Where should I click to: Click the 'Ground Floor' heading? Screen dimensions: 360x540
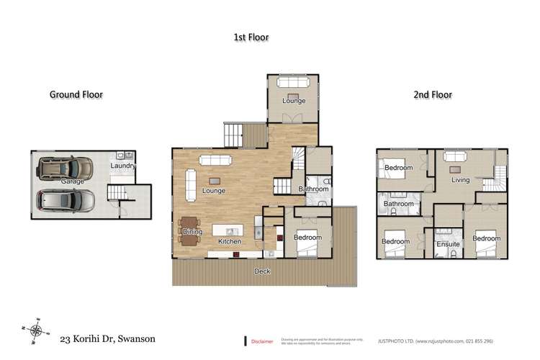(x=76, y=94)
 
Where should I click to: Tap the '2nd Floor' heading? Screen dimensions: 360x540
(x=432, y=94)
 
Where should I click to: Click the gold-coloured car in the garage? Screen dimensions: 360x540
(x=66, y=170)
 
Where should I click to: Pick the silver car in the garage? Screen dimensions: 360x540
(x=66, y=199)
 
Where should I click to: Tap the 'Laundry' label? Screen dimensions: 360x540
(x=122, y=166)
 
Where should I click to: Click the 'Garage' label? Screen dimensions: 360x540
(x=72, y=181)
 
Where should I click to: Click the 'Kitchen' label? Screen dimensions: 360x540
(x=230, y=241)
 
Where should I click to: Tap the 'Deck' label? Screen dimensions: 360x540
(x=263, y=271)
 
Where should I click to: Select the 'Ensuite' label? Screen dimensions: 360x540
(x=447, y=245)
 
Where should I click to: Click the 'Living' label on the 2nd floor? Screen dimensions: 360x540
(x=460, y=180)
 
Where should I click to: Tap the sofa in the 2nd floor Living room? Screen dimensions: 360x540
(x=454, y=156)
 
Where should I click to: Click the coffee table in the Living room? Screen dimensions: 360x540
(x=454, y=171)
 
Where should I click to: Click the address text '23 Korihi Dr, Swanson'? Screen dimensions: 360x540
(x=107, y=338)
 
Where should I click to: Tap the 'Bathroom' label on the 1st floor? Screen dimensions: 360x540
(x=314, y=189)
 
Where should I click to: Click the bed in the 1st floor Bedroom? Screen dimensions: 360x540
(x=308, y=248)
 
